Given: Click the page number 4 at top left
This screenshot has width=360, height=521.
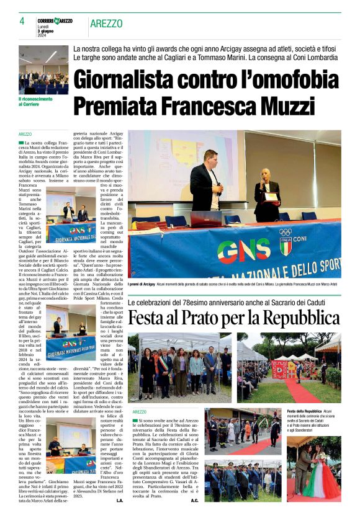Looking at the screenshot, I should click(22, 20).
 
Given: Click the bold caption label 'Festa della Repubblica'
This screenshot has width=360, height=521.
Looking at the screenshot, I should click(304, 412).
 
